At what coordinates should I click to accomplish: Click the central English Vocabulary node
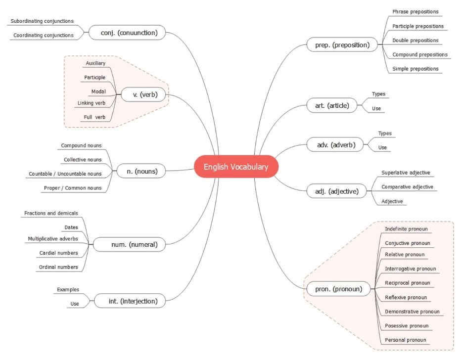tap(236, 167)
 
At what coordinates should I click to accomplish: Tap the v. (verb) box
tap(142, 94)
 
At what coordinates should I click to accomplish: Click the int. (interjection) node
tap(133, 301)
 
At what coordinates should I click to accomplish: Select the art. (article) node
tap(331, 105)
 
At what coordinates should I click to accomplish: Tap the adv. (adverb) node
tap(335, 145)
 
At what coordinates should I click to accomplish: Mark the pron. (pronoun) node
tap(338, 289)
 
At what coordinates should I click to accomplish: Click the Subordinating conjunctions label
tap(42, 21)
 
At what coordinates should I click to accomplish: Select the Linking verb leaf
tap(92, 103)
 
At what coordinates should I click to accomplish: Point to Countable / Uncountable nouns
tap(65, 174)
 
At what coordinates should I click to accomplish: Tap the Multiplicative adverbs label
tap(53, 239)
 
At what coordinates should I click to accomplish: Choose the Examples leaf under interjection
tap(68, 289)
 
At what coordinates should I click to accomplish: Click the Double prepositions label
tap(415, 41)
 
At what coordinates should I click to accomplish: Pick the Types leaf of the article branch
tap(378, 94)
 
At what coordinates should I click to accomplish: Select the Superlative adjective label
tap(406, 173)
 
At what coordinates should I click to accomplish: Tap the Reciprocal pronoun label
tap(407, 283)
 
